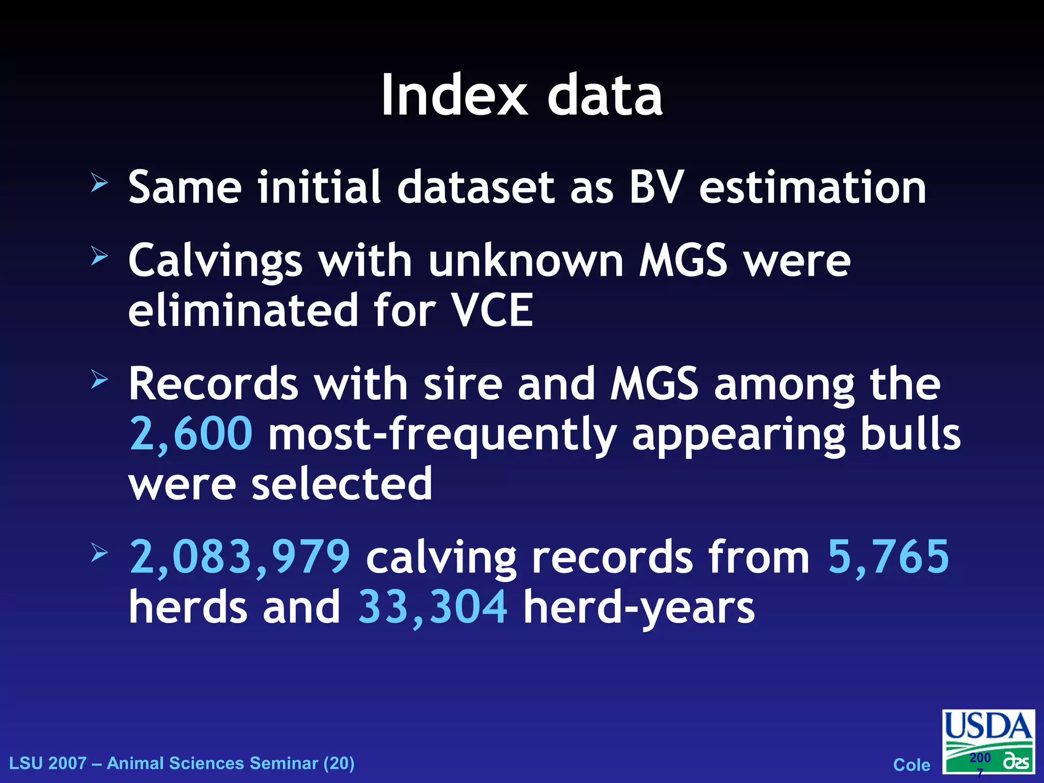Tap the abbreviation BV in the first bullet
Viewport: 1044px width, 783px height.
656,187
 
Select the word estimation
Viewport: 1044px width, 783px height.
813,187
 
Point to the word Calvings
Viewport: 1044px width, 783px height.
215,262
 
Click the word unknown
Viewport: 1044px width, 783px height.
526,260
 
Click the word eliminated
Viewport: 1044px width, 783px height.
243,310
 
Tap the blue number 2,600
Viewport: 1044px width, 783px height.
191,434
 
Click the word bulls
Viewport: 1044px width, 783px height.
910,434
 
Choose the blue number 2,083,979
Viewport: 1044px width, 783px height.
240,557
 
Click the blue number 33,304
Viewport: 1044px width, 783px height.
433,607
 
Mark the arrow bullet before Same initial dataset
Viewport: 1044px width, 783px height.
99,182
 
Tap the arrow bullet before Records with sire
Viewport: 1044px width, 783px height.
99,379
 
